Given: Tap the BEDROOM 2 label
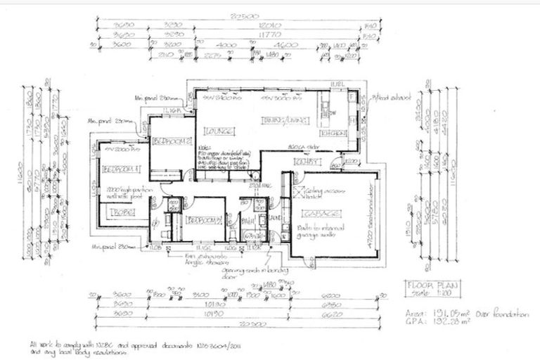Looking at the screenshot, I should pos(171,141).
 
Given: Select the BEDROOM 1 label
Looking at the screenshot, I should pos(121,169).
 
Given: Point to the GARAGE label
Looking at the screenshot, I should pos(321,213).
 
